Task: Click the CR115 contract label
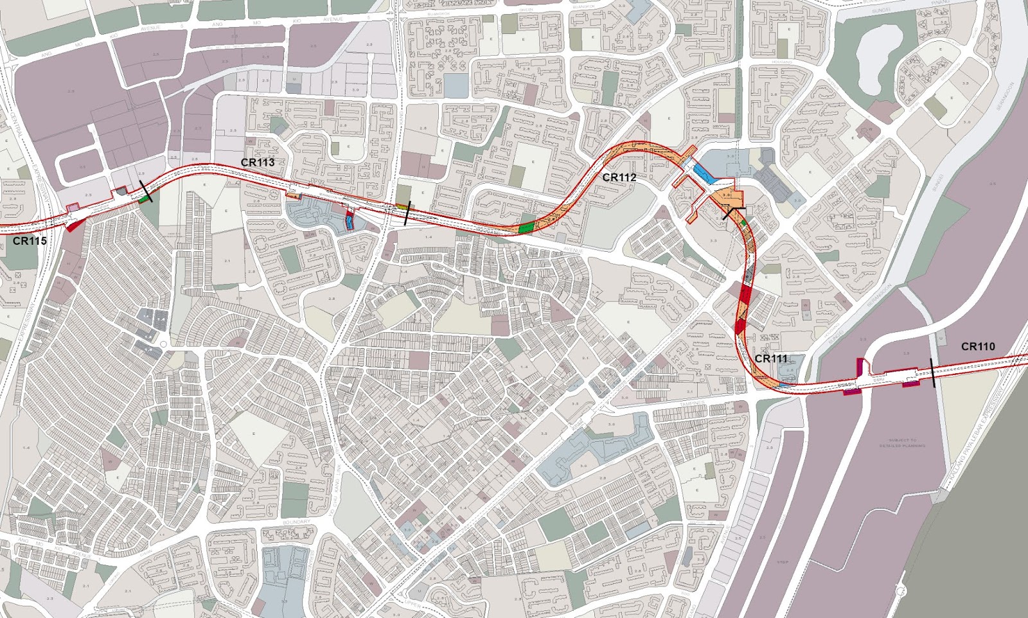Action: [x=30, y=242]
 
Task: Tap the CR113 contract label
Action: [x=258, y=163]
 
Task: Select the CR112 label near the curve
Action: [x=619, y=177]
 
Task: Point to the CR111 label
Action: [x=771, y=358]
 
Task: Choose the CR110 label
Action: [x=978, y=347]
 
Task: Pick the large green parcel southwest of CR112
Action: [x=526, y=227]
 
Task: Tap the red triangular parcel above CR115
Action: [x=74, y=225]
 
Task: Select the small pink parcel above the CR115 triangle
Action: [x=73, y=207]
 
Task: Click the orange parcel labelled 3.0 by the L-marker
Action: [x=727, y=196]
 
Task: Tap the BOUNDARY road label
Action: [x=296, y=522]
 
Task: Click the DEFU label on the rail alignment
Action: [x=878, y=380]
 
